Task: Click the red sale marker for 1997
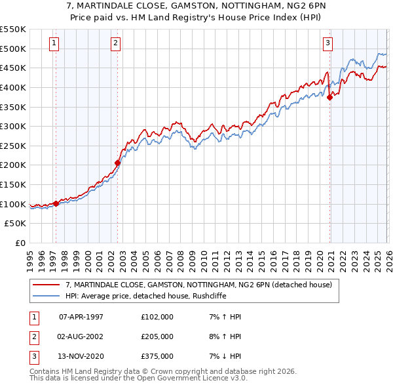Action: coord(56,203)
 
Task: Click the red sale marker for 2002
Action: coord(117,163)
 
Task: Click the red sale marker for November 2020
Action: coord(329,96)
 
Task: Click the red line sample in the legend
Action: coord(47,285)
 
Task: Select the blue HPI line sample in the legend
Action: coord(47,296)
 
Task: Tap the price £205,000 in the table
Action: coord(157,336)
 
